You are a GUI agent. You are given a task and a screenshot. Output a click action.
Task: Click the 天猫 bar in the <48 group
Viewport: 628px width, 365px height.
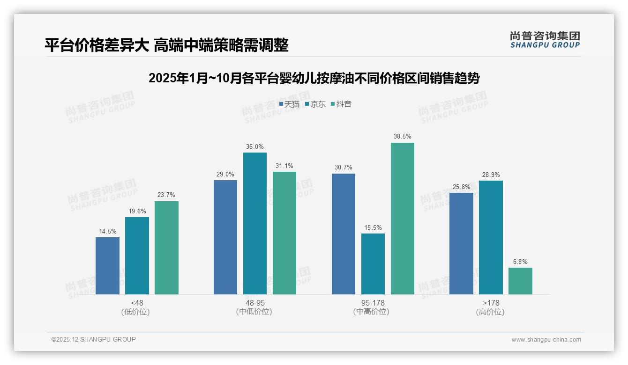(x=107, y=265)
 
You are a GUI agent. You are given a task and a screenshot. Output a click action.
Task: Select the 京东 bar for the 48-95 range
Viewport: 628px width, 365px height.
(x=254, y=223)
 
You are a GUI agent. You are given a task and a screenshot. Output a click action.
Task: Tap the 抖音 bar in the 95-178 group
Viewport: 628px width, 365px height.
(x=403, y=218)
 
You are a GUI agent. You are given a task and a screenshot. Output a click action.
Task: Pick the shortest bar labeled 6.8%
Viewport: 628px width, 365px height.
(x=520, y=281)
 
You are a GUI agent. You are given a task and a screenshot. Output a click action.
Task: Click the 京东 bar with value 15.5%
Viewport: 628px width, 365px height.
(x=373, y=263)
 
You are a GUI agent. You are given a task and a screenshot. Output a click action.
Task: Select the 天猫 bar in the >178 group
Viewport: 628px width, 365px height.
(x=461, y=243)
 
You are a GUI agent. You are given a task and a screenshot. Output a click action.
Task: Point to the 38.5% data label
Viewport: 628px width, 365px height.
(x=403, y=137)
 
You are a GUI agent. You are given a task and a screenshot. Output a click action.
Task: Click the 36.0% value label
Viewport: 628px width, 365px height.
(x=254, y=146)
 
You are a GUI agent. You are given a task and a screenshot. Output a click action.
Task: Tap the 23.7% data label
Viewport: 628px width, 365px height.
(x=166, y=195)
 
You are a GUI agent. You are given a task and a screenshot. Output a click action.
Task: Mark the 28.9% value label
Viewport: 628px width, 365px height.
(x=491, y=175)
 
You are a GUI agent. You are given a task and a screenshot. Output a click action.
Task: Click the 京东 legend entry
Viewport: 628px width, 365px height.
(x=315, y=104)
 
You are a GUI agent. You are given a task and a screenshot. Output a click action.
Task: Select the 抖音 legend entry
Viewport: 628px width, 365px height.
(x=341, y=104)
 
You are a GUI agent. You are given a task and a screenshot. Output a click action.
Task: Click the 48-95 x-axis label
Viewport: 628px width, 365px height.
(x=254, y=303)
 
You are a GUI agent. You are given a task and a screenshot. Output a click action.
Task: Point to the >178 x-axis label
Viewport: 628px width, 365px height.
(x=491, y=303)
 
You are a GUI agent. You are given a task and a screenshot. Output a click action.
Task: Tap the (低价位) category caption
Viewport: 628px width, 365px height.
(x=136, y=312)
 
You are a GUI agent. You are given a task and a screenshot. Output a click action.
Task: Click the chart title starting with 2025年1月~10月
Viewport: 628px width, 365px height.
(x=314, y=78)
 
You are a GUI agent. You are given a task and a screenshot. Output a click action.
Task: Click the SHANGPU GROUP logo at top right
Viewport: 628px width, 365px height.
(x=545, y=40)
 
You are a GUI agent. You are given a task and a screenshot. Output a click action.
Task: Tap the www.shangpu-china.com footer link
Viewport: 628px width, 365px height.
(x=546, y=340)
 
